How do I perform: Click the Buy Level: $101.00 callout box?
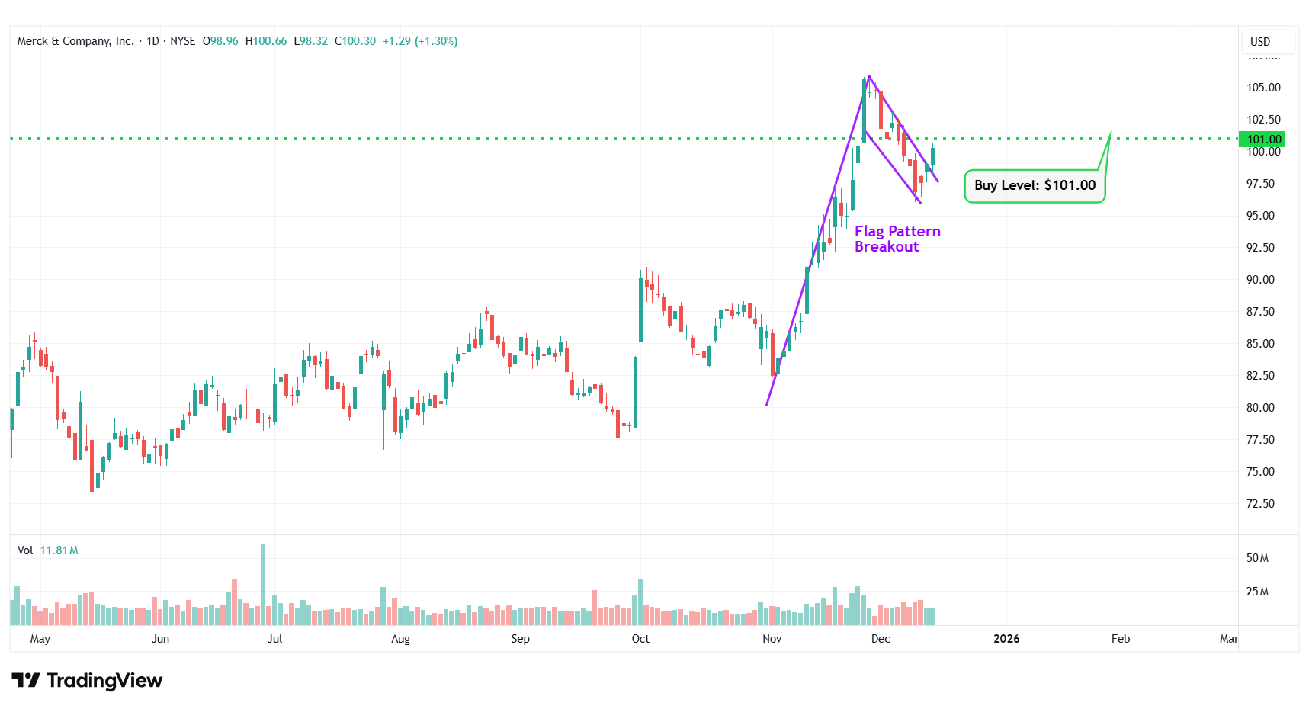(1035, 186)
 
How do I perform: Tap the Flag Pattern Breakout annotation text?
(897, 239)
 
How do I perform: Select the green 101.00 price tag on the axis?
(1263, 140)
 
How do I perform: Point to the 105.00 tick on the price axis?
(1263, 88)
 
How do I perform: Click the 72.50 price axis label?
(1260, 504)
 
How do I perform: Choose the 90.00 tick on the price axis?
(1260, 280)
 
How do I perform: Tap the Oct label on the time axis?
(640, 639)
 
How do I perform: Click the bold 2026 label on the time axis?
(1006, 639)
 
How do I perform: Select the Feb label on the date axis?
(1120, 639)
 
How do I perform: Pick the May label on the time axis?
(40, 639)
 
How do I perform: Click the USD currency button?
(1260, 42)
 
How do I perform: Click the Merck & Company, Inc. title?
(75, 41)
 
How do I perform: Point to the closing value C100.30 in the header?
(355, 41)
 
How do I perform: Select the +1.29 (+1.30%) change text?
(420, 41)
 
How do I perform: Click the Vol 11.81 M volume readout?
(48, 550)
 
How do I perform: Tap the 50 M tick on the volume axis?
(1257, 558)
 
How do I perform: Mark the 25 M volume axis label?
(1257, 592)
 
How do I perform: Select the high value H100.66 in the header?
(266, 41)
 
